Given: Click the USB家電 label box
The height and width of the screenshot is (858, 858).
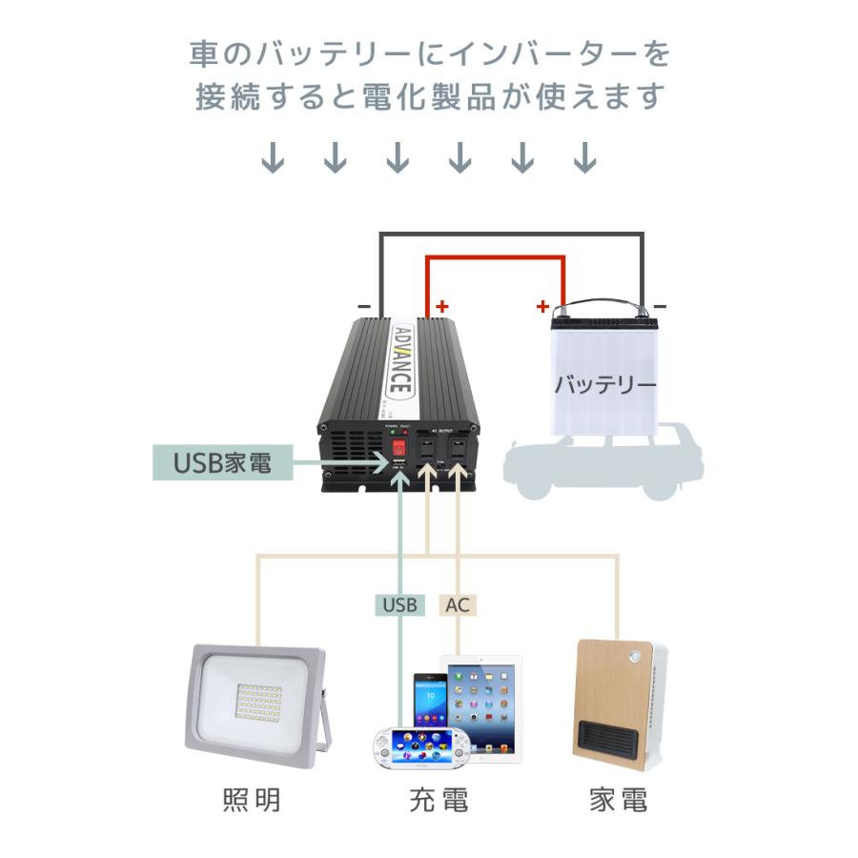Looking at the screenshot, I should (x=222, y=463).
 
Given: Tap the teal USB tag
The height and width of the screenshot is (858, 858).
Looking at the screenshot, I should (x=399, y=604).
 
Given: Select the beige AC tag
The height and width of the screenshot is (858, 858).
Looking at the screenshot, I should (x=458, y=604).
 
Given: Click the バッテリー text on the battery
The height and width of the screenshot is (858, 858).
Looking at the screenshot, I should (x=605, y=385).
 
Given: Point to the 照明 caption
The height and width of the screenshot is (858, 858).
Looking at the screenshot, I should (x=252, y=800).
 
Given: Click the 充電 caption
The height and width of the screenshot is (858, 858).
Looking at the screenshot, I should (x=435, y=800).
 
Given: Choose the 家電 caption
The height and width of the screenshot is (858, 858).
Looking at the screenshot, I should (x=618, y=800).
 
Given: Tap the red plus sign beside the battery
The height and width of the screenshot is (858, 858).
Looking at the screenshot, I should (x=542, y=307).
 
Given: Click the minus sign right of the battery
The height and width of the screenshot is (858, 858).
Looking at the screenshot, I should (x=661, y=307).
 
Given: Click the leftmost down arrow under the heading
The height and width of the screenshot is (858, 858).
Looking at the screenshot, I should (x=274, y=157).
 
